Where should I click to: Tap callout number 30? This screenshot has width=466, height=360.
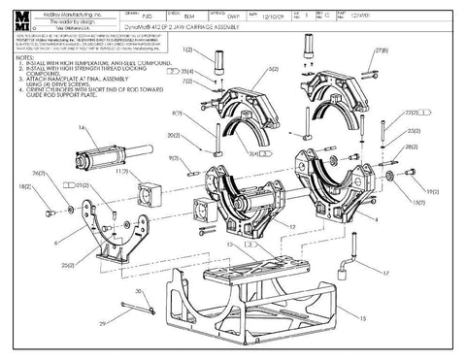tap(138, 292)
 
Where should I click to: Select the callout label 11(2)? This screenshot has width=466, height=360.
tap(122, 172)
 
